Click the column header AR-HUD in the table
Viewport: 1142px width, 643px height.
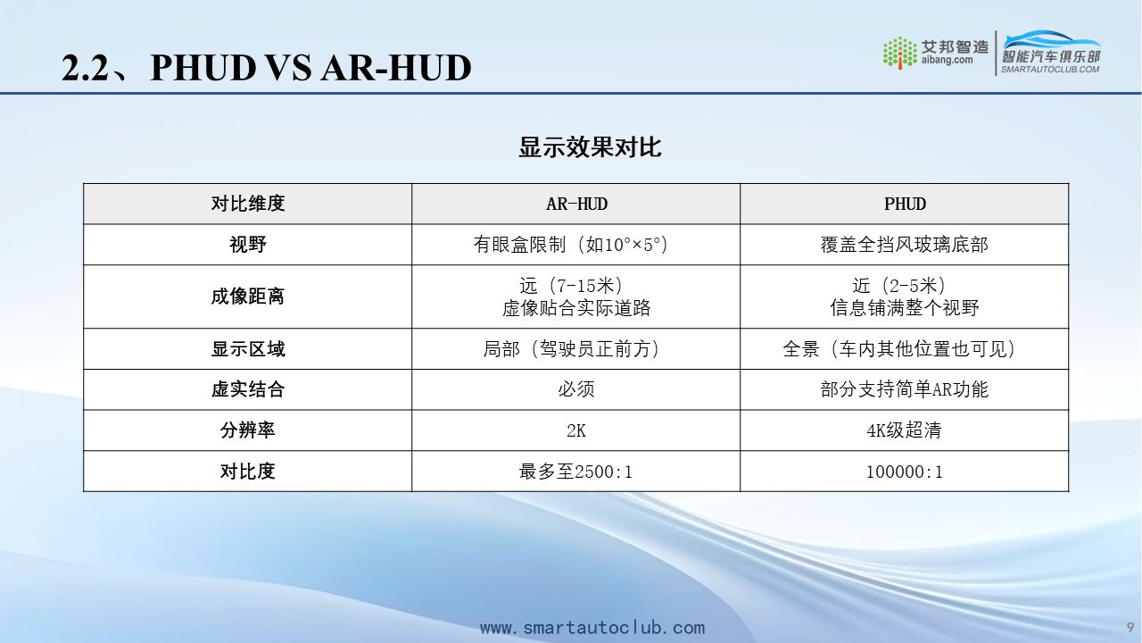click(576, 205)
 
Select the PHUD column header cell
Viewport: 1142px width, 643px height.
click(905, 205)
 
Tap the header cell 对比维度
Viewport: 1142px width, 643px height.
click(248, 204)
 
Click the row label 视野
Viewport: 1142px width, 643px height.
click(248, 245)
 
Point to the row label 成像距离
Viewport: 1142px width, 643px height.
click(248, 296)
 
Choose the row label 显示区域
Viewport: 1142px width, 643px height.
click(248, 349)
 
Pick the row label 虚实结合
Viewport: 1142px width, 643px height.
click(248, 389)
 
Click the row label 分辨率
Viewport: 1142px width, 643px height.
click(248, 430)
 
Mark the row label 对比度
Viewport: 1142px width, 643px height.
click(248, 471)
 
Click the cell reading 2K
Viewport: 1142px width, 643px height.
click(576, 430)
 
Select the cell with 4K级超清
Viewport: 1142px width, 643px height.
click(905, 430)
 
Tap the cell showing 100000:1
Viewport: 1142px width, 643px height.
click(905, 472)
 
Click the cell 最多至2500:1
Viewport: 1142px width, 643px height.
click(576, 471)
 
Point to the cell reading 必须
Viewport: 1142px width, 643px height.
click(576, 389)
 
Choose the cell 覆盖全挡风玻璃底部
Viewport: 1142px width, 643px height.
click(905, 245)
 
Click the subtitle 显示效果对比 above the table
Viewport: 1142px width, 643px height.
click(590, 147)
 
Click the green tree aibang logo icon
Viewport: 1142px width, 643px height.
click(900, 53)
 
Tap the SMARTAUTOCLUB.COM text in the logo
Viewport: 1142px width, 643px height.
click(1050, 70)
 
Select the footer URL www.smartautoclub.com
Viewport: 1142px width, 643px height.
click(592, 628)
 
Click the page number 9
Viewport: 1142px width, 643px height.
click(1130, 627)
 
